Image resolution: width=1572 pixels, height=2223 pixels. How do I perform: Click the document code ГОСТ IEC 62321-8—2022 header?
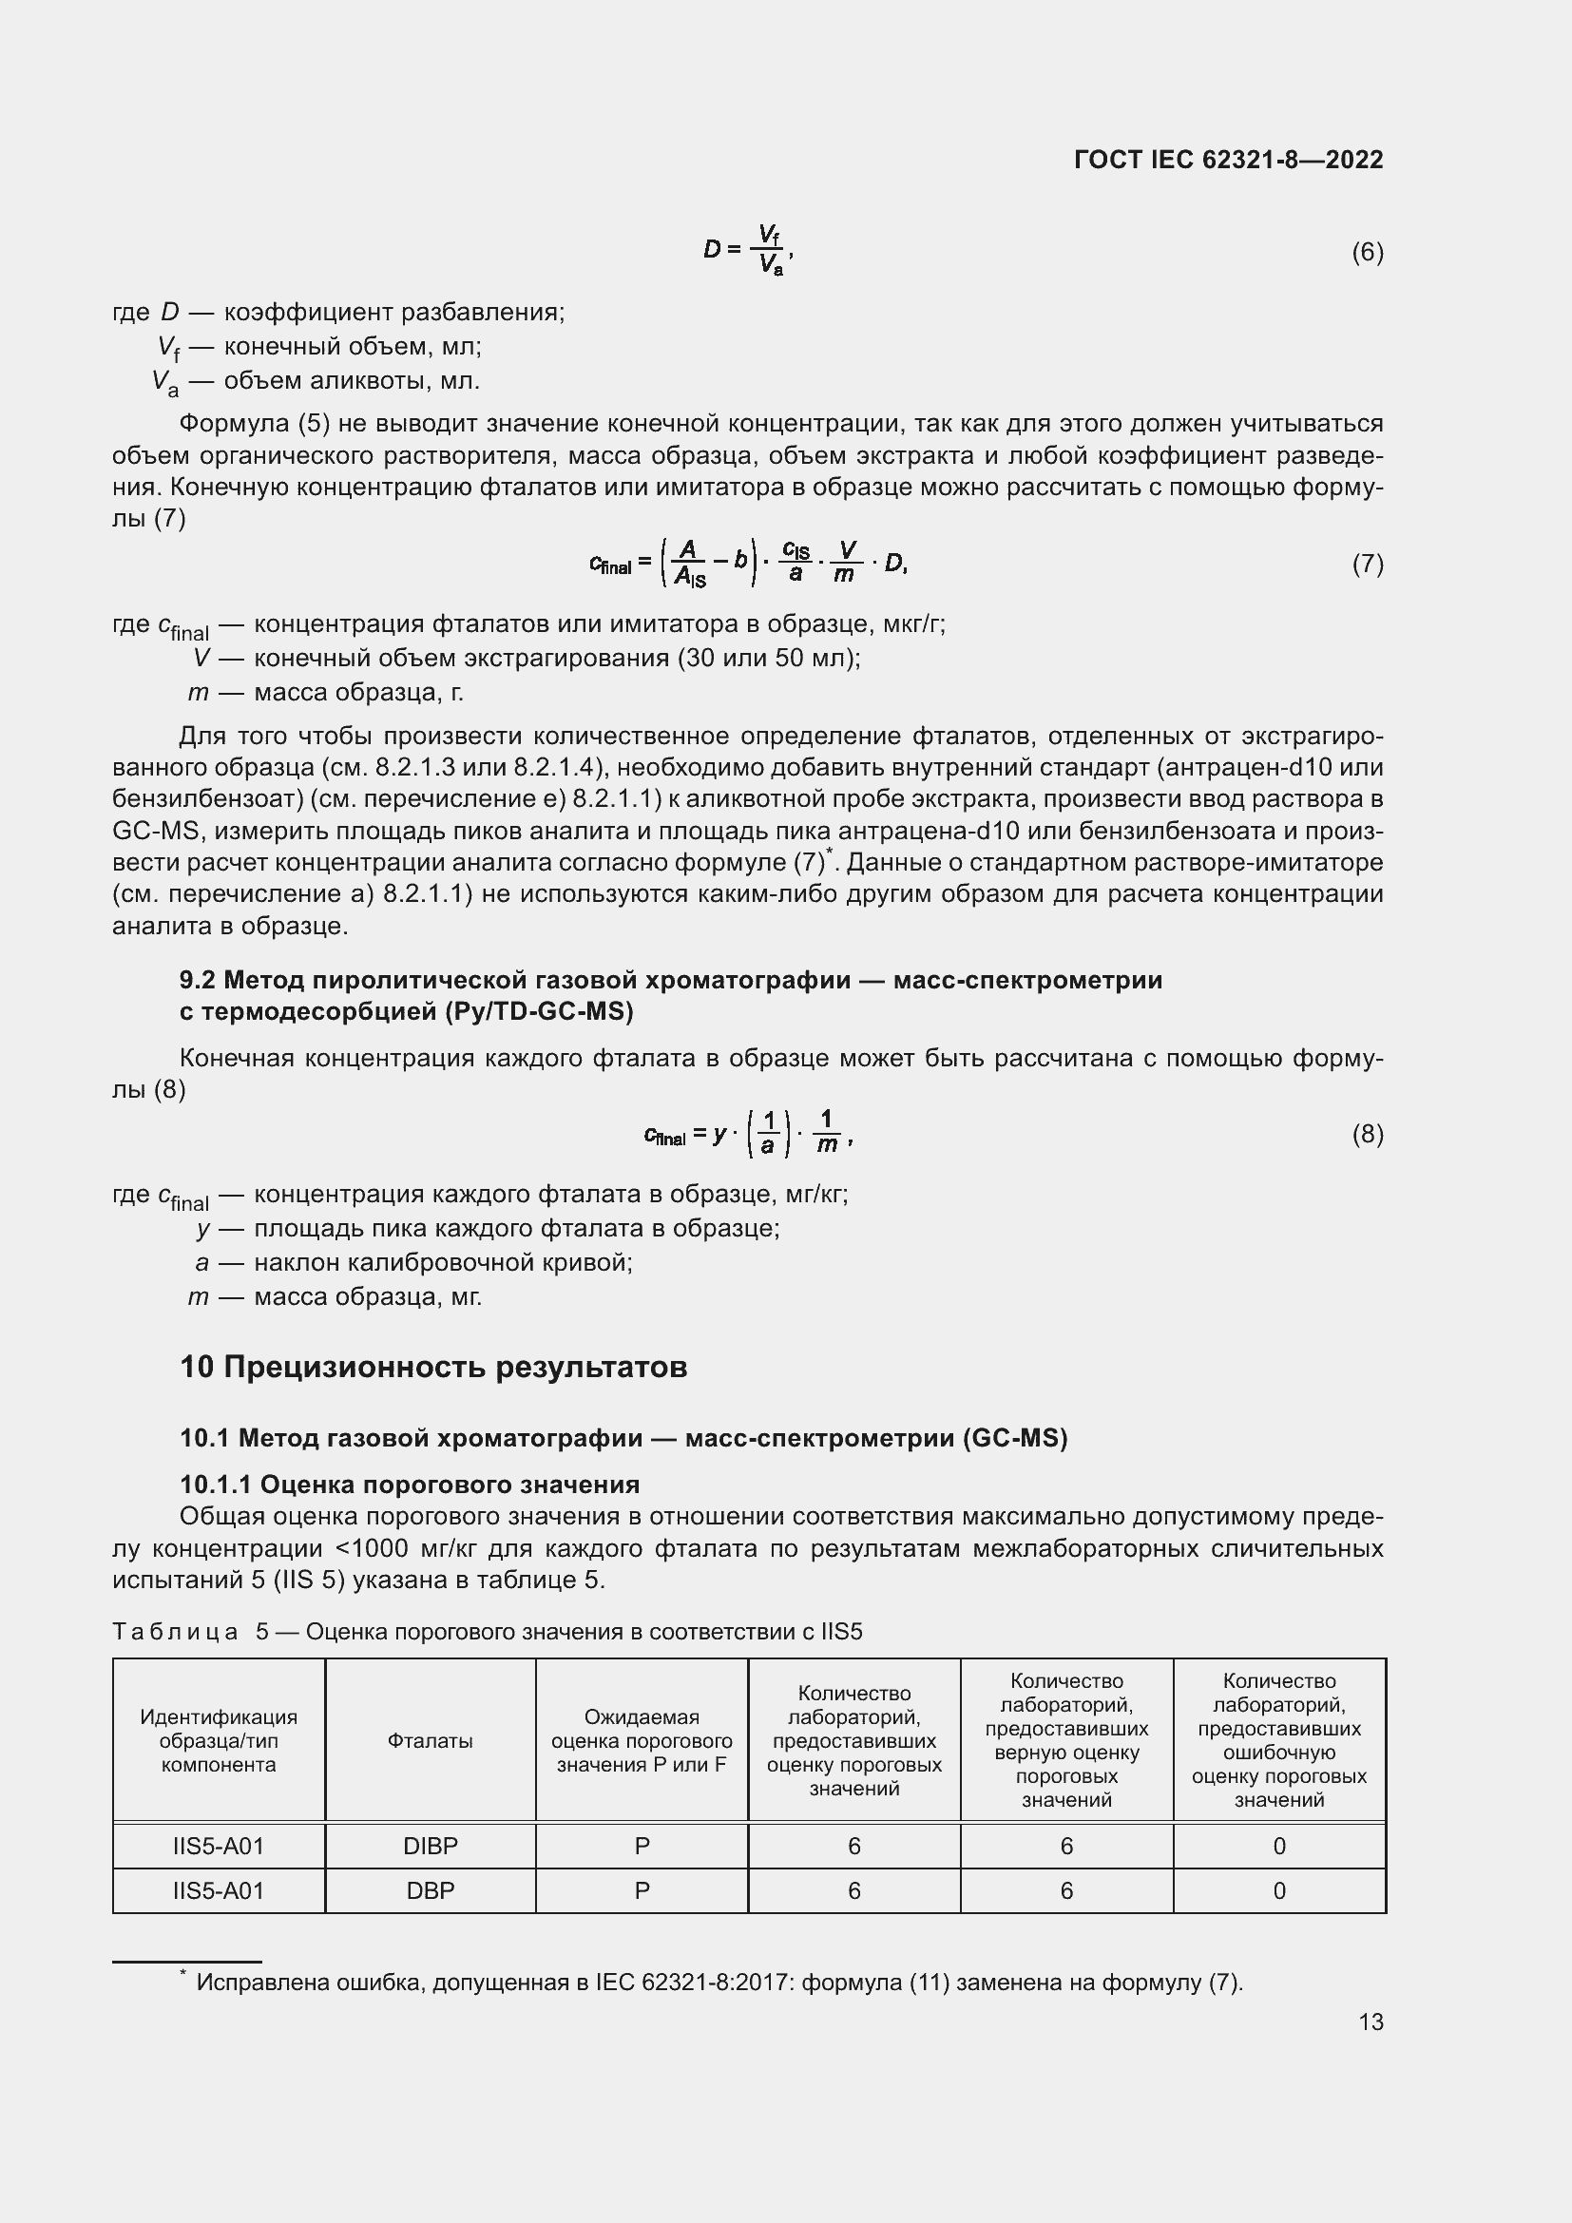click(1227, 160)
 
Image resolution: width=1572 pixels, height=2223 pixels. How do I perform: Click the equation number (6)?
click(1367, 253)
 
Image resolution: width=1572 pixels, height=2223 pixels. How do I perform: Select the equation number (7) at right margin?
click(1367, 564)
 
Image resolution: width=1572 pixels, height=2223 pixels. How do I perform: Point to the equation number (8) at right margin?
click(1367, 1134)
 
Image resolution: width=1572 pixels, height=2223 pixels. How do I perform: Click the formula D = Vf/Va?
click(748, 250)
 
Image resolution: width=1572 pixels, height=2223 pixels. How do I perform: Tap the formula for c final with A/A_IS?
click(748, 564)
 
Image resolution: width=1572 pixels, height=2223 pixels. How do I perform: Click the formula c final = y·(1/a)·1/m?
click(748, 1134)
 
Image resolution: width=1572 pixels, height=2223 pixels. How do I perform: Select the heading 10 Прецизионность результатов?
click(433, 1367)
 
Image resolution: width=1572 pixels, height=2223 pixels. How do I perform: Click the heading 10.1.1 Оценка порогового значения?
click(410, 1485)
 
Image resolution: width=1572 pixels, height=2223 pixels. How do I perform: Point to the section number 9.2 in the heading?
click(197, 980)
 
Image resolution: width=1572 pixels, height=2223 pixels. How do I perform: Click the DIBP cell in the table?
click(430, 1847)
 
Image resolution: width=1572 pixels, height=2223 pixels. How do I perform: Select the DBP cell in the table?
click(430, 1891)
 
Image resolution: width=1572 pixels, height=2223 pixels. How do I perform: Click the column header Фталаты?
click(430, 1741)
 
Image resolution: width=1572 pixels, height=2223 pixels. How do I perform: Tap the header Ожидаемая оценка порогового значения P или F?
click(642, 1741)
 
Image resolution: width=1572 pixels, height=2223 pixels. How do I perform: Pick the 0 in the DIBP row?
click(1278, 1847)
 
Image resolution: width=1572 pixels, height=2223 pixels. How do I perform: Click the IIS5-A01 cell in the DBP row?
click(219, 1891)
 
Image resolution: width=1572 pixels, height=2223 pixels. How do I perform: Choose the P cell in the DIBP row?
click(642, 1847)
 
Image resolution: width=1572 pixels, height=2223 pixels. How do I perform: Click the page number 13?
click(1371, 2022)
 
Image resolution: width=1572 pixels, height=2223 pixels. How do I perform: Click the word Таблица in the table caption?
click(175, 1633)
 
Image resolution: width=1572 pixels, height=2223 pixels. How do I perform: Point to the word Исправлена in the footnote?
click(262, 1983)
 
